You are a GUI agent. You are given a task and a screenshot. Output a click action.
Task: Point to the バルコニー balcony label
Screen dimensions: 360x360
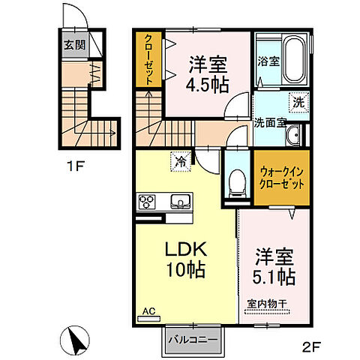click(x=193, y=339)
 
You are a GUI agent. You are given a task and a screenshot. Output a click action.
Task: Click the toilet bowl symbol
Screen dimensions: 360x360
click(x=238, y=181)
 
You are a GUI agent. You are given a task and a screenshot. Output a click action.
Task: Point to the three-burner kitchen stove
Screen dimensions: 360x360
click(x=146, y=201)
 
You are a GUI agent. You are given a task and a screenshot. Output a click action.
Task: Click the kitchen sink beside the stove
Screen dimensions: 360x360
click(x=180, y=201)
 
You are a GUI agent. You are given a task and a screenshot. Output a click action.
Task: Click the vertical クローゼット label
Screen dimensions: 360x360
click(x=148, y=59)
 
